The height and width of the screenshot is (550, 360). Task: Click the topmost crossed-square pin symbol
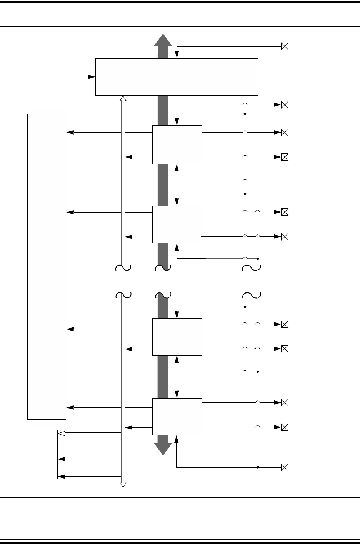(285, 47)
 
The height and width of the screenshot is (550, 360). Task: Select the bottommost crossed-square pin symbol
(285, 468)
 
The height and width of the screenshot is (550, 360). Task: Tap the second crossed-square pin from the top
(285, 105)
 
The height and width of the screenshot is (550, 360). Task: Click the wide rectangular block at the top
(177, 77)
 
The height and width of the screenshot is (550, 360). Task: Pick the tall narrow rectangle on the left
(47, 266)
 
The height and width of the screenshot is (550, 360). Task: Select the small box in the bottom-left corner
(36, 455)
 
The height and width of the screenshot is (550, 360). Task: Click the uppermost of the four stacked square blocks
(177, 145)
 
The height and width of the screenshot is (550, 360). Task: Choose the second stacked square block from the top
(177, 224)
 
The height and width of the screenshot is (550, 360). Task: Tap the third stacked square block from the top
(177, 337)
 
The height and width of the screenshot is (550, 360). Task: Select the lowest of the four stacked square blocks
(177, 417)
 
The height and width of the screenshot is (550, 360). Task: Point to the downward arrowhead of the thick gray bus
(163, 449)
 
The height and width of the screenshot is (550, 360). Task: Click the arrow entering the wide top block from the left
(92, 77)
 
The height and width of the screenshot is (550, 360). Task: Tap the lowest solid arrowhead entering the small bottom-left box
(61, 477)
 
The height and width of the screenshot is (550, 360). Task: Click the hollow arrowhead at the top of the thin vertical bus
(123, 99)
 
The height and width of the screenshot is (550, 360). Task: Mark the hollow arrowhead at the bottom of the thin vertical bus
(123, 484)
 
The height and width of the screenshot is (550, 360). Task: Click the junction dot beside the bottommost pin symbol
(258, 468)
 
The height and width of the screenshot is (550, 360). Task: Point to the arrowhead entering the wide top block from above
(177, 56)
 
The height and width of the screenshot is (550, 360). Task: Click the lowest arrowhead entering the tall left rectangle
(70, 407)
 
